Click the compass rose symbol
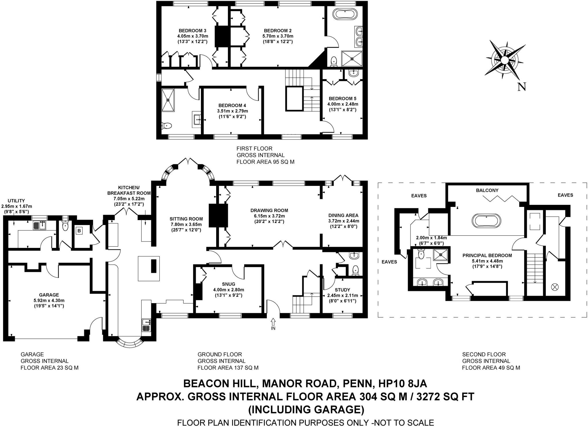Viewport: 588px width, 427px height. coord(505,59)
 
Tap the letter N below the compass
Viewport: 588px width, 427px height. coord(521,86)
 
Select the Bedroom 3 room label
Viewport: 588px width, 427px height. coord(192,31)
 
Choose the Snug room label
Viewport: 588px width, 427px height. coord(228,284)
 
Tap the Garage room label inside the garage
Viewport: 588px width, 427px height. coord(49,295)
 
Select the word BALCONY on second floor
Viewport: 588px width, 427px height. coord(487,190)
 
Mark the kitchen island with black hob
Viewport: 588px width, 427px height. coord(149,268)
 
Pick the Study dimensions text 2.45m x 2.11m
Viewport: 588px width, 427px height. coord(343,295)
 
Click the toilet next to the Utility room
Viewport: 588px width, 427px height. coord(65,226)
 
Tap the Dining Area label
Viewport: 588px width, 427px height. coord(343,215)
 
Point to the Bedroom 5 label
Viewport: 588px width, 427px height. coord(343,99)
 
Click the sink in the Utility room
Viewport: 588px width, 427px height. coord(40,225)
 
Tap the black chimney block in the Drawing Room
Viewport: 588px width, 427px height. coord(218,216)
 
